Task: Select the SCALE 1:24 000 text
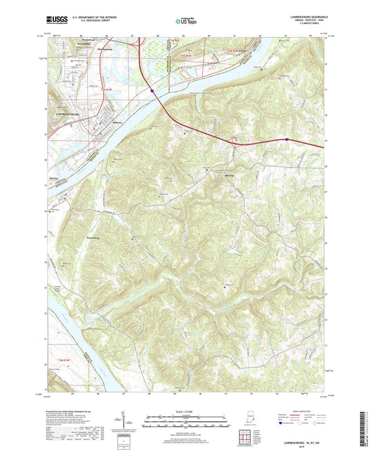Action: pyautogui.click(x=186, y=411)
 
